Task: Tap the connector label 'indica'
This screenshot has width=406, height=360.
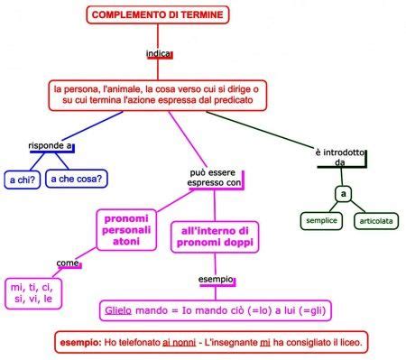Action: (158, 54)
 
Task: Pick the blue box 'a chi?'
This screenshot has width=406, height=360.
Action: (21, 180)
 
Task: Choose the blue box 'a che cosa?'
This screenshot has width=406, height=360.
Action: (78, 179)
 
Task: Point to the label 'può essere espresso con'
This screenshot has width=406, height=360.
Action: (215, 177)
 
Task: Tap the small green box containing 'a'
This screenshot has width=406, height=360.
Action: (343, 194)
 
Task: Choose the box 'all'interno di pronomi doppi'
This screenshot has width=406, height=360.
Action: (215, 236)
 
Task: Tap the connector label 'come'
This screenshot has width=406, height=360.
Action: (68, 263)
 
